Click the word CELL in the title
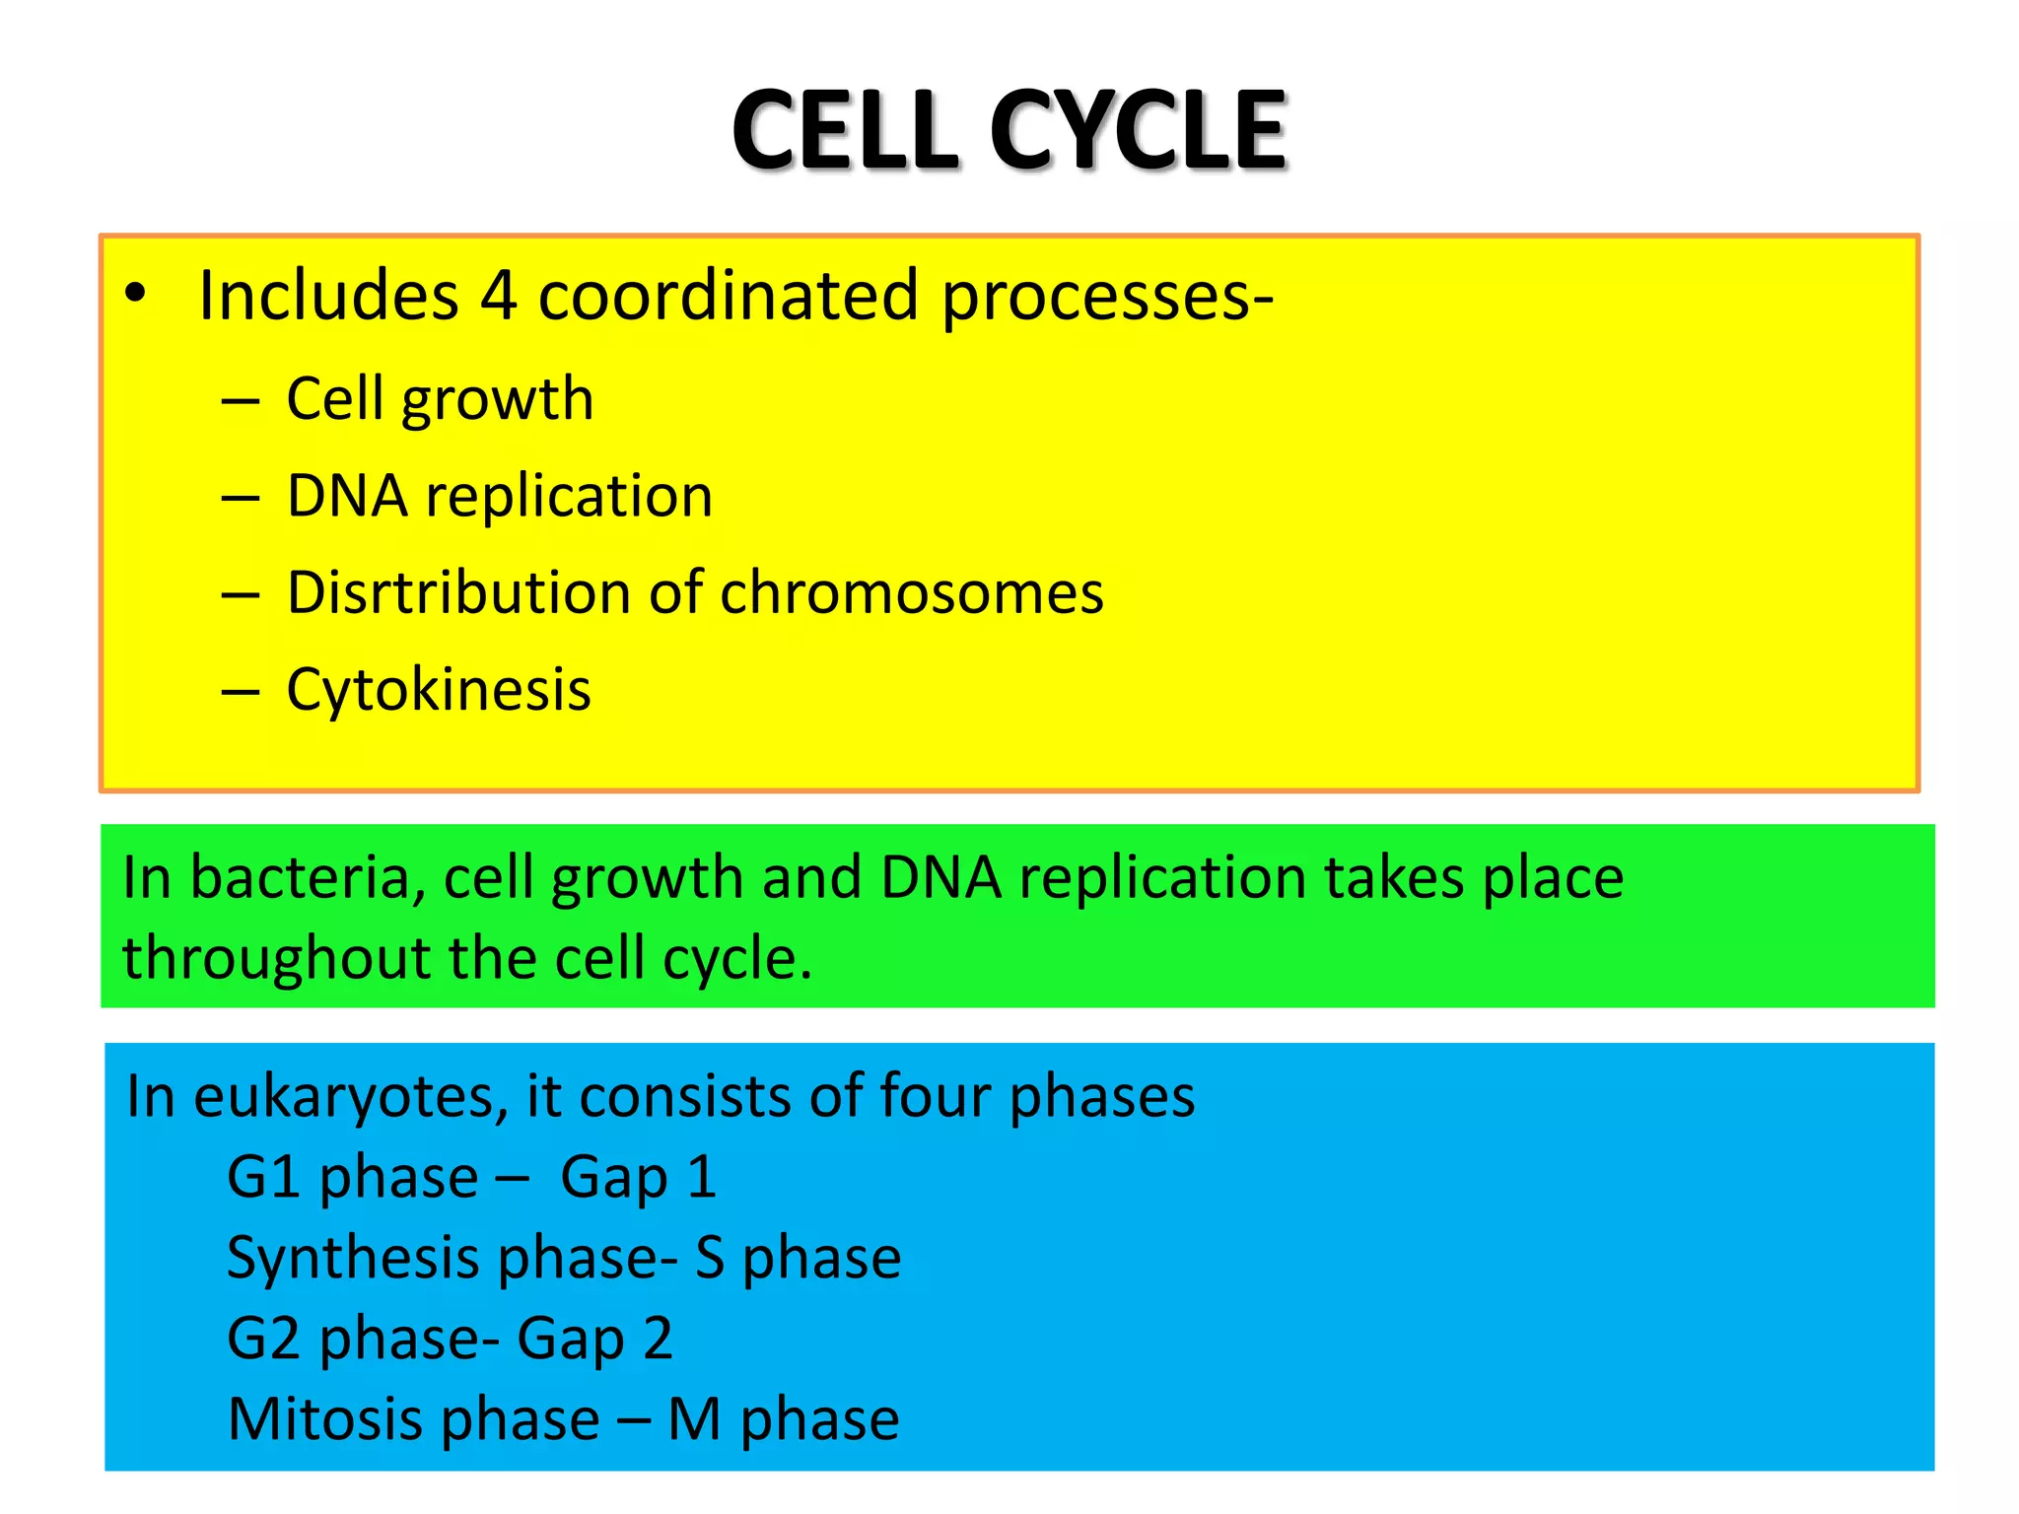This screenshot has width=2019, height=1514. (x=845, y=131)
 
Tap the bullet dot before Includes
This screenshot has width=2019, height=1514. (x=135, y=293)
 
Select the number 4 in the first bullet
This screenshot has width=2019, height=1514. (x=498, y=296)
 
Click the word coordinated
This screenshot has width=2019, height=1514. (x=728, y=296)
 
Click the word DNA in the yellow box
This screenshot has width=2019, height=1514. (x=347, y=496)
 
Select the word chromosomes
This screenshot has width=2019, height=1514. (x=912, y=593)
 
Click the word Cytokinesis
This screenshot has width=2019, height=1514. (x=439, y=689)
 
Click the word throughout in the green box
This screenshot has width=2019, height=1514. (x=277, y=959)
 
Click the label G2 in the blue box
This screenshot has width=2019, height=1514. (x=263, y=1339)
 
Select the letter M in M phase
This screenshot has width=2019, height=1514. (x=694, y=1419)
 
